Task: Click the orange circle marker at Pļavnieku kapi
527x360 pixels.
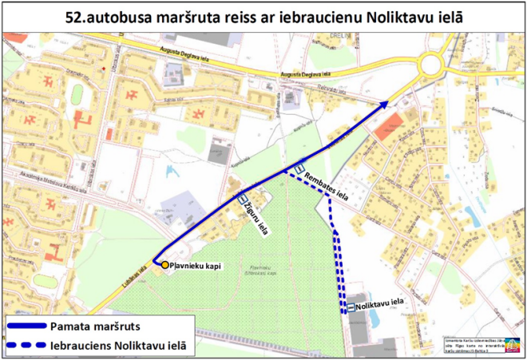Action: click(x=164, y=264)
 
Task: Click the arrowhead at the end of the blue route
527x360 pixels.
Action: click(x=386, y=103)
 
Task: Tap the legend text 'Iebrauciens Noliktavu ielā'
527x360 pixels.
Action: click(x=118, y=345)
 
